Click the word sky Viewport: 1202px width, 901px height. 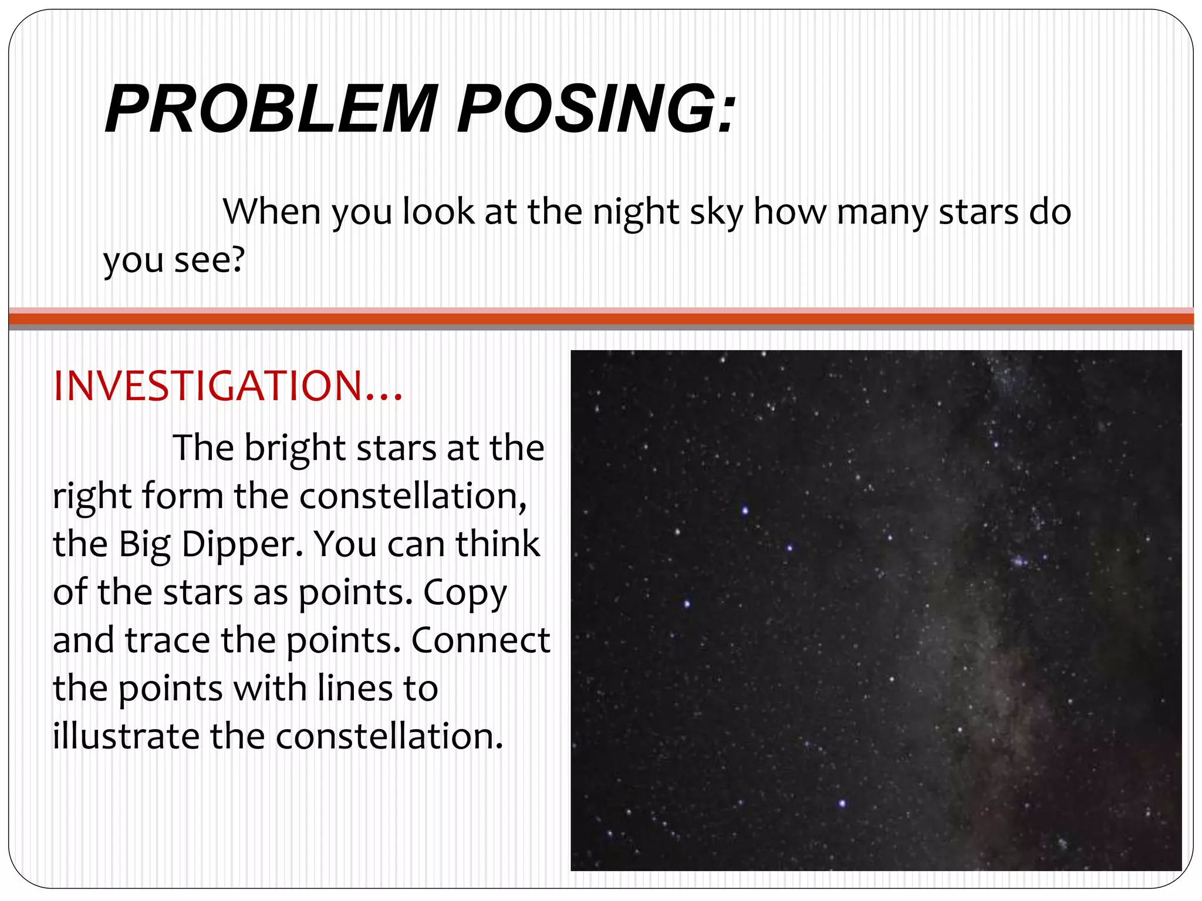[x=716, y=212]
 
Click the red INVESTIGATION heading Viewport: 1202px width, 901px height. [x=228, y=387]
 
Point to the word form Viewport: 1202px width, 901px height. [x=182, y=496]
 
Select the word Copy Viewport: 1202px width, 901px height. [x=465, y=594]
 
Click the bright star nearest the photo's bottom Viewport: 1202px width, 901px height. [x=842, y=803]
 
